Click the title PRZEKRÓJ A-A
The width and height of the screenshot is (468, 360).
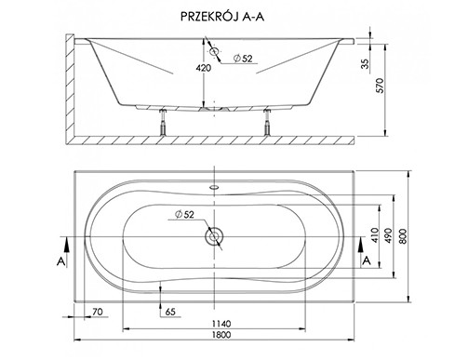222,17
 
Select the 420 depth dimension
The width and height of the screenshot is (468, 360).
203,67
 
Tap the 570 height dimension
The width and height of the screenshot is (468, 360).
380,86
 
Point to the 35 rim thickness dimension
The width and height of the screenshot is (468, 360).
366,63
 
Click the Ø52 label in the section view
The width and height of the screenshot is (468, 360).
243,59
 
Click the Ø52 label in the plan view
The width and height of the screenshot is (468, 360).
184,214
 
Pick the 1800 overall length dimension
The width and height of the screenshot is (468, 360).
221,335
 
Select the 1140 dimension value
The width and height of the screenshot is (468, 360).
221,324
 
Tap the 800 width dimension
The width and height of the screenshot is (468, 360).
402,236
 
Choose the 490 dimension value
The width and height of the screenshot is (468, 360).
388,235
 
